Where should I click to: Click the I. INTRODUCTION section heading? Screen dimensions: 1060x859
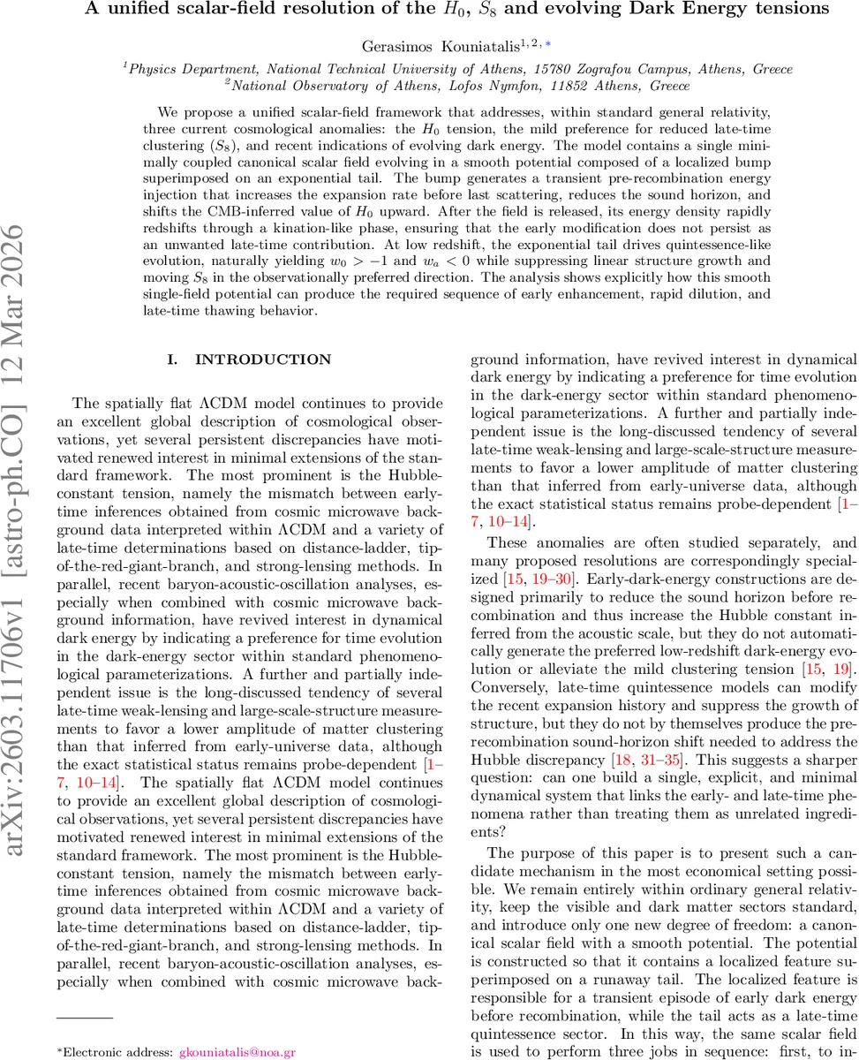pos(249,360)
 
